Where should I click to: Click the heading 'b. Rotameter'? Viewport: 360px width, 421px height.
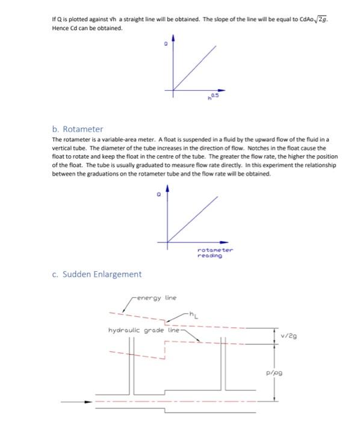point(78,129)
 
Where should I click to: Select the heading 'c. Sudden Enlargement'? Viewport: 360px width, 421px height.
point(96,274)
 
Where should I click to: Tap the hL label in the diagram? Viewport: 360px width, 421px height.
point(193,313)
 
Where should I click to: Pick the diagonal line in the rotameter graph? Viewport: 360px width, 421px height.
point(193,220)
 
